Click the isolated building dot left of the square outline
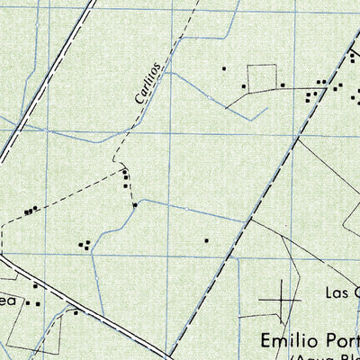(x=224, y=67)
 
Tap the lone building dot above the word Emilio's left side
(x=206, y=240)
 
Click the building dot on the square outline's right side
(x=283, y=85)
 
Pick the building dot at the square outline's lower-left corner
(x=242, y=86)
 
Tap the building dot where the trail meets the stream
(x=135, y=205)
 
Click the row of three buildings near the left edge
(x=31, y=211)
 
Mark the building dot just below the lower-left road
(x=76, y=313)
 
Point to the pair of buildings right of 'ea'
(x=37, y=303)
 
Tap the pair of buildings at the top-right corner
(x=354, y=56)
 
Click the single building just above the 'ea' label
(x=34, y=285)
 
